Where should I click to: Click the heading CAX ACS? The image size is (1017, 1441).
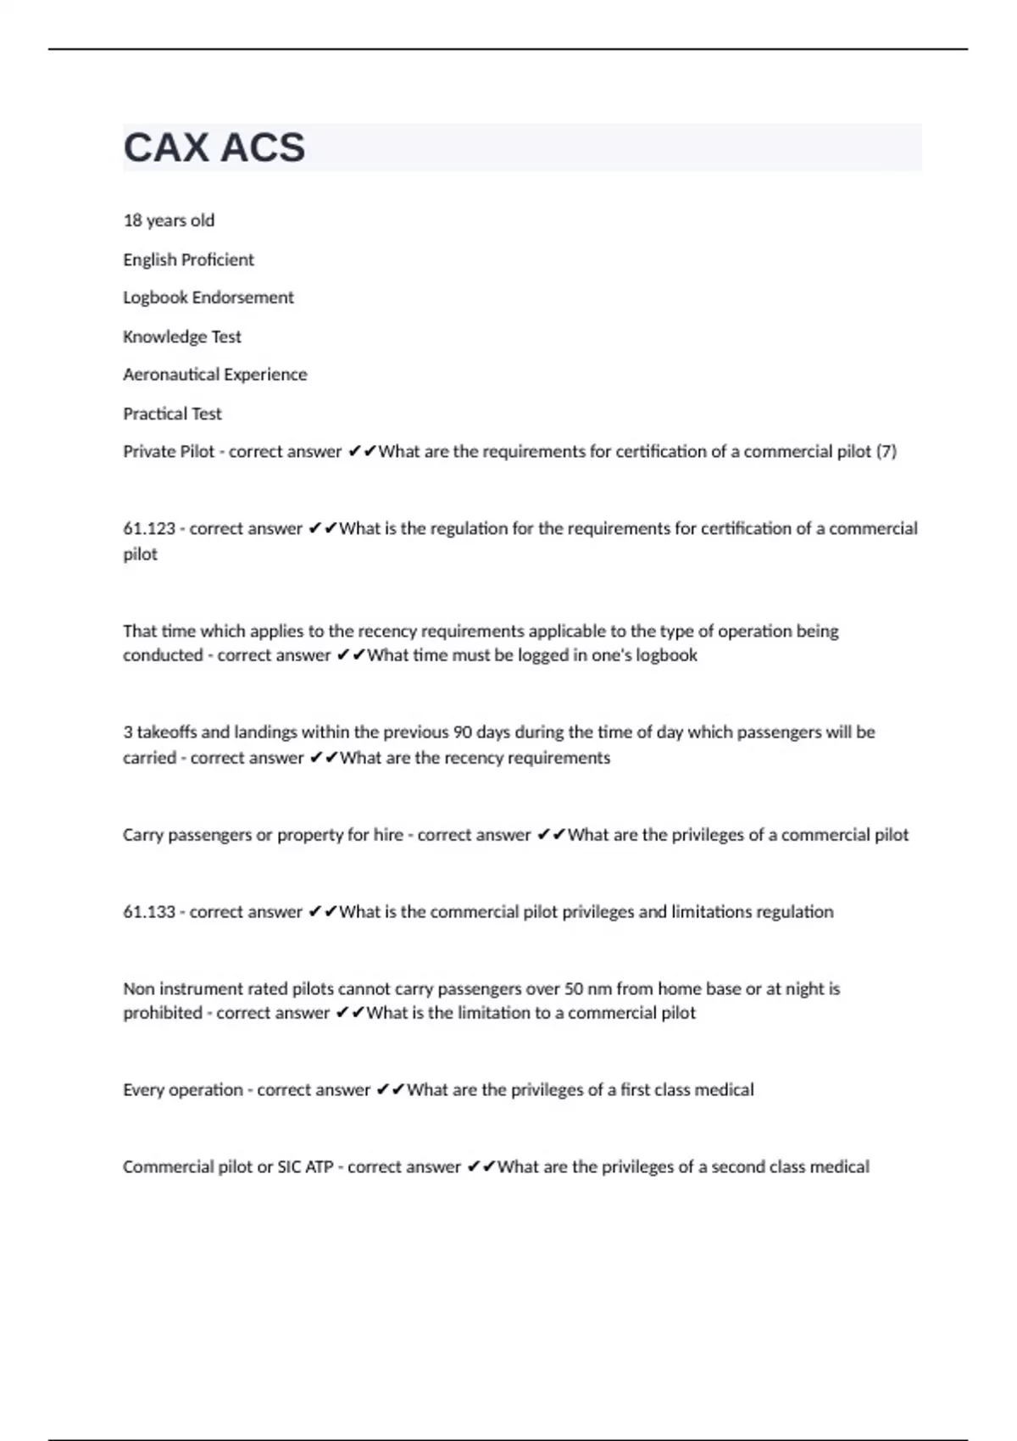(214, 147)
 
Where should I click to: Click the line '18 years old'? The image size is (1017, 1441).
(169, 220)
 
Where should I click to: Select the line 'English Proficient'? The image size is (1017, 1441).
(188, 259)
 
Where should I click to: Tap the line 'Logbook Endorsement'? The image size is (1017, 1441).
(208, 298)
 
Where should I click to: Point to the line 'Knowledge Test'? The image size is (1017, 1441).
(182, 337)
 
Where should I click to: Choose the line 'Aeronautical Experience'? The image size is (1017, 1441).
(215, 375)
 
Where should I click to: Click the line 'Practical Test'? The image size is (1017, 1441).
(172, 414)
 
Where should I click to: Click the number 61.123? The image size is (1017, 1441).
(149, 529)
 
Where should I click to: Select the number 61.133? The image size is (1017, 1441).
(149, 912)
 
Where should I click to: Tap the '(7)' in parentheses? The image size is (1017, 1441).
(886, 452)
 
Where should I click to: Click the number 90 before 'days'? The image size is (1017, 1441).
(462, 732)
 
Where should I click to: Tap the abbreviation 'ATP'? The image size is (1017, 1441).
(319, 1167)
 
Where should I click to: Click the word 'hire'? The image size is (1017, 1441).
(388, 835)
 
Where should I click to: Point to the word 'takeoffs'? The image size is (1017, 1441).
(167, 732)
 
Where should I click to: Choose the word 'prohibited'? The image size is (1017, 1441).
(163, 1013)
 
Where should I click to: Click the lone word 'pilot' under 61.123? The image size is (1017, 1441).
(140, 554)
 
